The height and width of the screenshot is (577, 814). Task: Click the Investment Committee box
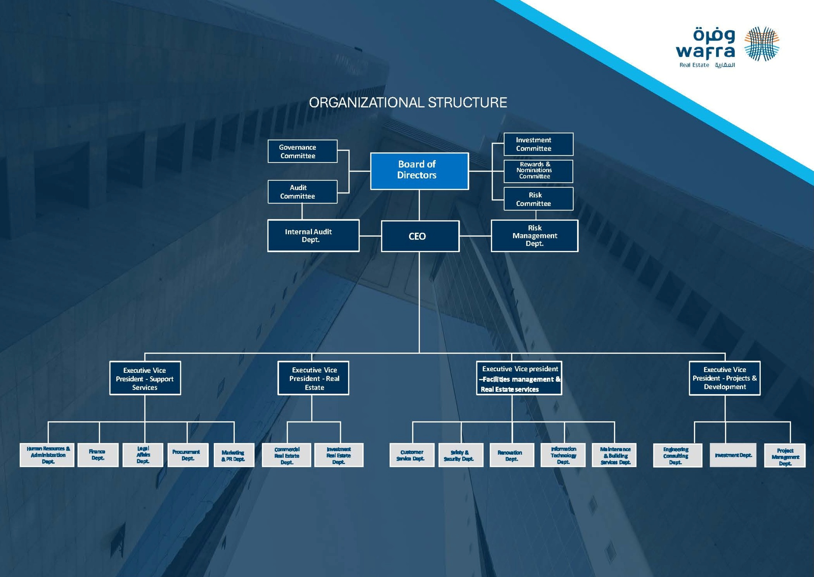[538, 144]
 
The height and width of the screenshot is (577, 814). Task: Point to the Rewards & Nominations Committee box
[538, 171]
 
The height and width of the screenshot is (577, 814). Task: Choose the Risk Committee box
[538, 199]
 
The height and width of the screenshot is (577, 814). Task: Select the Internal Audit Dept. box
[313, 235]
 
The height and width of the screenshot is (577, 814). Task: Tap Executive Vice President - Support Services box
[145, 378]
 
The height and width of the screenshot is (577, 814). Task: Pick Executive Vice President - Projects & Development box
[724, 378]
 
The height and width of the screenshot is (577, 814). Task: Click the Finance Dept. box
[98, 455]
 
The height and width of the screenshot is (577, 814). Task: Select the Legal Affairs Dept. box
[143, 455]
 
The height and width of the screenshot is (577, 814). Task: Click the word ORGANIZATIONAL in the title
[366, 103]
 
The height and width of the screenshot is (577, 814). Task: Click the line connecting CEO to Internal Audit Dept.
[370, 235]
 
